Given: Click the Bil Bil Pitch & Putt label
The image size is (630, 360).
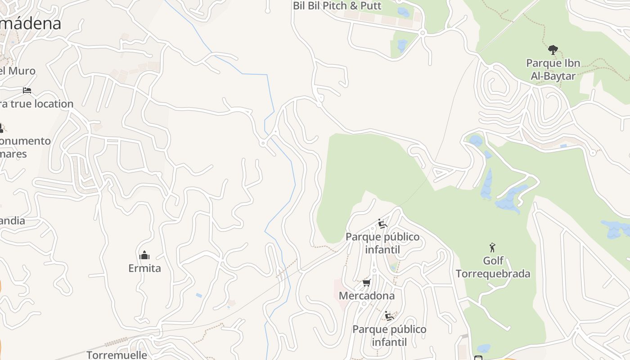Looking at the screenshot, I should click(337, 6).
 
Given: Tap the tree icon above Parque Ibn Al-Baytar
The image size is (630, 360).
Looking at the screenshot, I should click(553, 49).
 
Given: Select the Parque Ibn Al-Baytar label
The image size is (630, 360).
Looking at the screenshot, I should click(553, 69).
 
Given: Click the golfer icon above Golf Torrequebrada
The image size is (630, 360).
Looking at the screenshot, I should click(492, 247).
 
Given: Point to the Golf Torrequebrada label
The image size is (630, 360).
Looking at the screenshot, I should click(493, 267).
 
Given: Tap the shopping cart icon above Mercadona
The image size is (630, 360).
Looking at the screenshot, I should click(366, 283).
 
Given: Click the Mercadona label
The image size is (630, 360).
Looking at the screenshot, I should click(366, 296).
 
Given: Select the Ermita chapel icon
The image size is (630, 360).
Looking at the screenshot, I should click(144, 255).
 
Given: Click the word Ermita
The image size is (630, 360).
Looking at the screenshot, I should click(144, 268).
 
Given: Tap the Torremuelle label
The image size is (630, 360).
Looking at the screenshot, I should click(117, 355).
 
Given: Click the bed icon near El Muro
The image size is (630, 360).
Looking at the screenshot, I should click(27, 90).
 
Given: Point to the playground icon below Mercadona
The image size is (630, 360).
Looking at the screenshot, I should click(389, 316).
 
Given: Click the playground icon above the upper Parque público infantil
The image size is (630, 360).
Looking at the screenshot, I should click(382, 224).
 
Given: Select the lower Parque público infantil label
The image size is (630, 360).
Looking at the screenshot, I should click(389, 335).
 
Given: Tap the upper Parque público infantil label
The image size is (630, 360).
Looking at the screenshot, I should click(382, 243).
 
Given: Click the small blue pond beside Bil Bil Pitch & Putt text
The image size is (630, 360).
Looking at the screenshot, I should click(404, 12).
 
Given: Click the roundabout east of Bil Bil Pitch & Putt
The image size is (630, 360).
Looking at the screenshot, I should click(422, 33).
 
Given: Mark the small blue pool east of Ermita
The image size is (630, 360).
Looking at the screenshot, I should click(199, 295).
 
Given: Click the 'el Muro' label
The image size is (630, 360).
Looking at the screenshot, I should click(17, 71).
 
